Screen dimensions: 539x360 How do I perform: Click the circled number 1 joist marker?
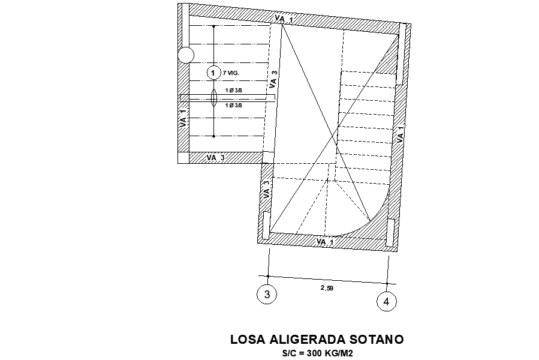(x=213, y=73)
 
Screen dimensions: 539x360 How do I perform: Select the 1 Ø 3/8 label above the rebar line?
(x=233, y=90)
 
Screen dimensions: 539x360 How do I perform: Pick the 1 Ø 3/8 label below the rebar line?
(x=233, y=106)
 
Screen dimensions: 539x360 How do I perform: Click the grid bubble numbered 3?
(x=267, y=294)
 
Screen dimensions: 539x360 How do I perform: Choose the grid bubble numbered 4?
(x=387, y=301)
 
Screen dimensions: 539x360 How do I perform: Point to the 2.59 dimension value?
(x=327, y=288)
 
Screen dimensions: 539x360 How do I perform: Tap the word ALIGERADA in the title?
(x=311, y=340)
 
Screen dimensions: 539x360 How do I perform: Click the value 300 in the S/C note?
(x=315, y=353)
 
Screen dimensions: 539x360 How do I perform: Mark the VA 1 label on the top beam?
(x=284, y=20)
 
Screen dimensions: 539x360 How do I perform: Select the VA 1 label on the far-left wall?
(x=183, y=118)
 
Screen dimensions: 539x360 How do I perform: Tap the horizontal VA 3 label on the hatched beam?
(x=216, y=157)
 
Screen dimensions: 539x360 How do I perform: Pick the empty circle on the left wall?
(x=186, y=56)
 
